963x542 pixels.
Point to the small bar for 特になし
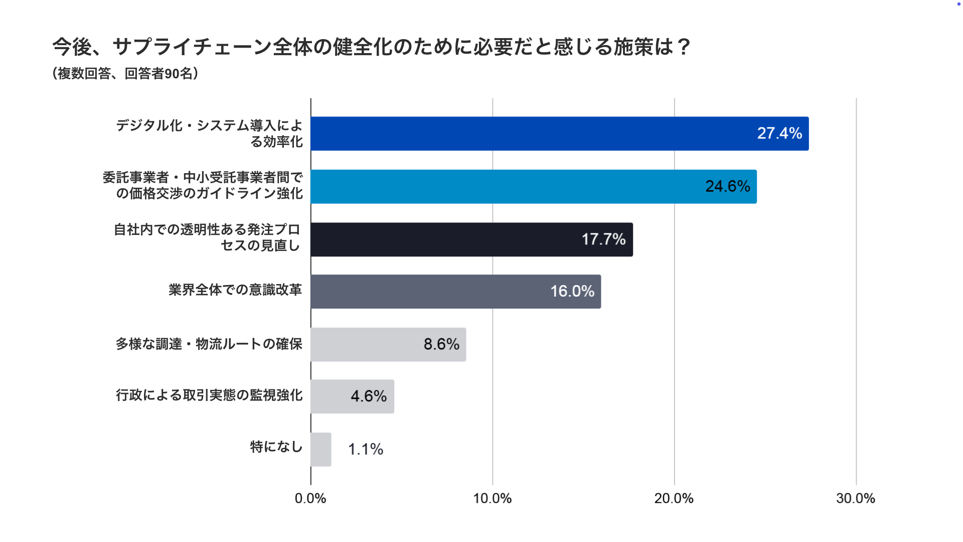coord(321,450)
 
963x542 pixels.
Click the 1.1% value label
coord(366,449)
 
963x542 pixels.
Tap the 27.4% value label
coord(779,133)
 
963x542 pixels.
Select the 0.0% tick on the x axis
coord(310,498)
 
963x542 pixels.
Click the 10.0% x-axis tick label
coord(493,498)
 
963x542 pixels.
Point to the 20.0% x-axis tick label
coord(674,498)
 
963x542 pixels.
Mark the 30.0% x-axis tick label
coord(856,498)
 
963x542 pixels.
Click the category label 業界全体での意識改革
coord(235,290)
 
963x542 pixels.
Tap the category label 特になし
coord(276,447)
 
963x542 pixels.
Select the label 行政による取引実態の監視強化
coord(209,395)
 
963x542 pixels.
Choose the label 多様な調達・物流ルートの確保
coord(209,344)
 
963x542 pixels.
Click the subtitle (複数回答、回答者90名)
coord(125,74)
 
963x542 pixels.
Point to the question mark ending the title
coord(683,47)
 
